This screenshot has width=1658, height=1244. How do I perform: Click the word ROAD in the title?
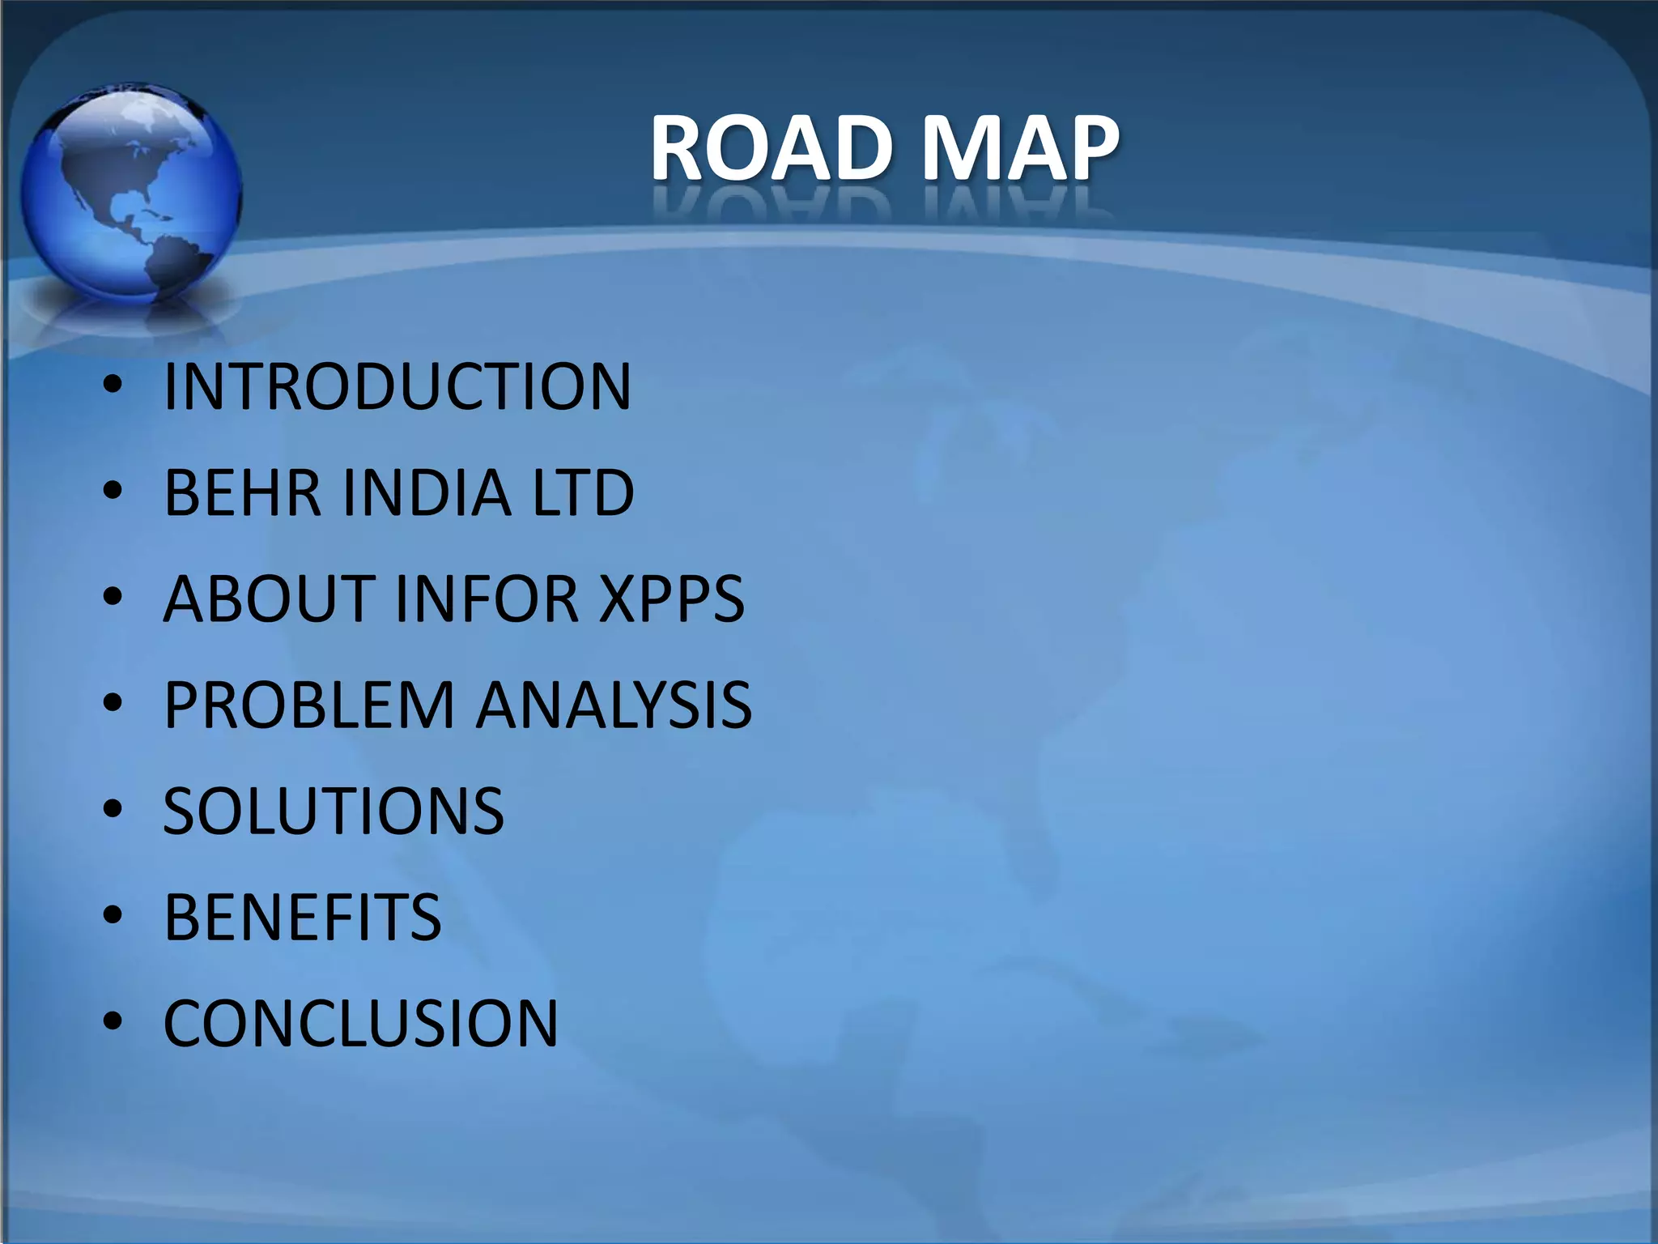(x=771, y=147)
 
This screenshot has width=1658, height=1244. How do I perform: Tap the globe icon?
(x=130, y=194)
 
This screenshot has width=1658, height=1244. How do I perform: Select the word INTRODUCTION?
(x=397, y=386)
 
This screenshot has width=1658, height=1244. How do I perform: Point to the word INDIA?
(x=427, y=492)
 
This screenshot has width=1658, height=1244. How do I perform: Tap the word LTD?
(x=583, y=492)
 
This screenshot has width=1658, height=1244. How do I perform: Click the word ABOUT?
(x=268, y=599)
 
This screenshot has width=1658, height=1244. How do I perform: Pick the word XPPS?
(x=671, y=599)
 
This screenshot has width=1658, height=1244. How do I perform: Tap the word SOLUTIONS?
(x=334, y=812)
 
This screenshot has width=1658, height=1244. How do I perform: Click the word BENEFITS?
(x=303, y=918)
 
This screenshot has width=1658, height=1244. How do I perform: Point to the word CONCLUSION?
(x=361, y=1024)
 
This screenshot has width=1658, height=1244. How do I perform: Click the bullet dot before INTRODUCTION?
(x=113, y=386)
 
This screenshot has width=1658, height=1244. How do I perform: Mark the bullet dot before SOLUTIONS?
(x=113, y=810)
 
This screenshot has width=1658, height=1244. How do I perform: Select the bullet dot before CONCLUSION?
(x=113, y=1022)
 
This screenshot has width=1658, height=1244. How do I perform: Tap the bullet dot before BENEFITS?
(x=113, y=916)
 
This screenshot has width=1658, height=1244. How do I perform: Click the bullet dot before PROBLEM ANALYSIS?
(x=113, y=704)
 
